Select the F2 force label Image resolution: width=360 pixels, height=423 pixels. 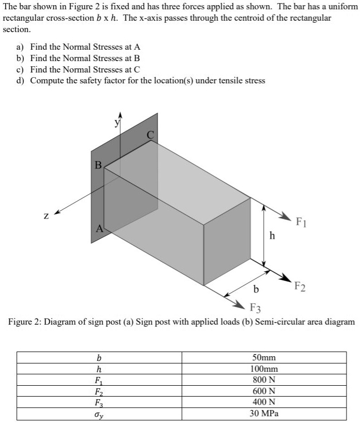tap(299, 286)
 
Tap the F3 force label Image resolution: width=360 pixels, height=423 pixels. tap(255, 309)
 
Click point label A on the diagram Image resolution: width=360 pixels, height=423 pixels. tap(99, 228)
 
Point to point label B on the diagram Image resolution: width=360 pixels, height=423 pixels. tap(98, 165)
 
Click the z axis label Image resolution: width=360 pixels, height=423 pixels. tap(45, 216)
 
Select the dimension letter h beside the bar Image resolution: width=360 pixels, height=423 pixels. tap(273, 236)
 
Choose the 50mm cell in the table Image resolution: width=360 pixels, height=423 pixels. tap(264, 358)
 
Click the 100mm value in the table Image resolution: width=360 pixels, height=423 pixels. tap(264, 369)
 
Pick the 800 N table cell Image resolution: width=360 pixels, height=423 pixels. tap(264, 380)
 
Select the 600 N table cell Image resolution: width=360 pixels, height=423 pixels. tap(264, 391)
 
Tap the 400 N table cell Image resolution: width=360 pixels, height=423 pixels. tap(264, 402)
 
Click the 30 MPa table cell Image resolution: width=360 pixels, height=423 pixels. tap(264, 414)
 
